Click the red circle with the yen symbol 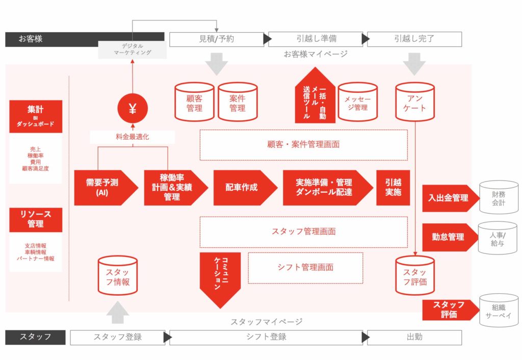(x=133, y=109)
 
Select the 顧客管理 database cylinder (x=194, y=102)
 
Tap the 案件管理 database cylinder (x=238, y=102)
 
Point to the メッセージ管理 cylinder (x=357, y=102)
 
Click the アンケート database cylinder (x=415, y=102)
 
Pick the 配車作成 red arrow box (x=245, y=188)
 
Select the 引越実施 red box (x=393, y=188)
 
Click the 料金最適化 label (x=133, y=137)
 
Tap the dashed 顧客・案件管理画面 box (x=304, y=145)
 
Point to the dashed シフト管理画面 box (x=306, y=268)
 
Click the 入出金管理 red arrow (x=451, y=198)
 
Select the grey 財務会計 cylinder (x=499, y=197)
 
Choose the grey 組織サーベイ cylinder (x=499, y=311)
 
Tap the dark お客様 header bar (x=85, y=39)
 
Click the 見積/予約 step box (x=216, y=39)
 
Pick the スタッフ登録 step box (x=118, y=338)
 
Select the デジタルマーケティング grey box (x=133, y=49)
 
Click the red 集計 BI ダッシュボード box (x=36, y=117)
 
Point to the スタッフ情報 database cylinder (x=118, y=276)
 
